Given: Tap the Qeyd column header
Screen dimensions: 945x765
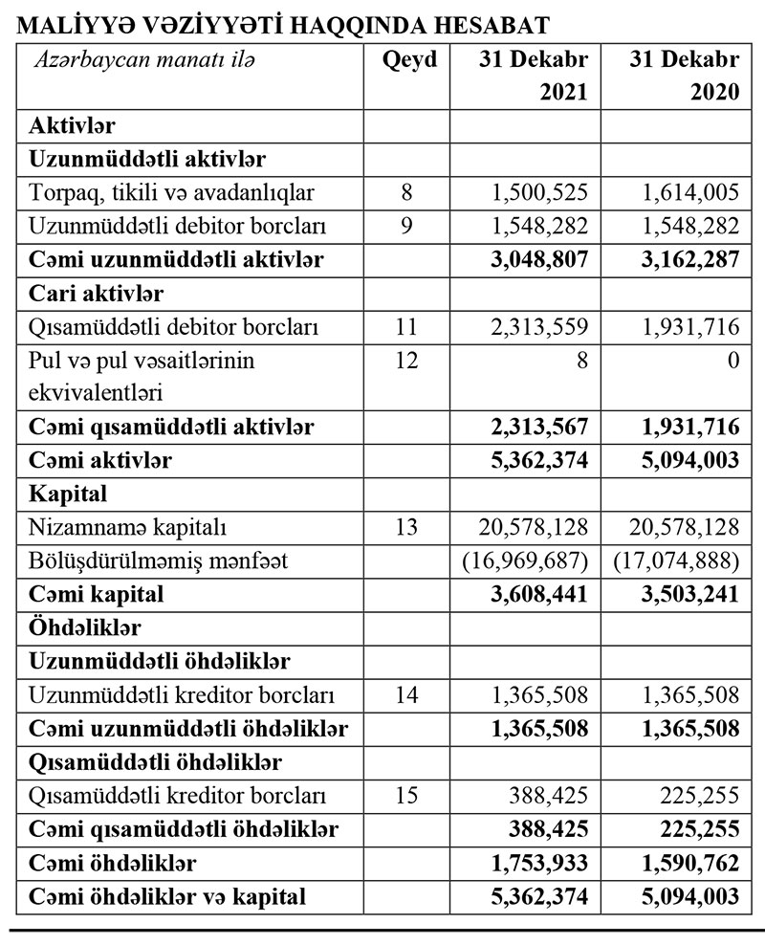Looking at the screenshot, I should [x=408, y=60].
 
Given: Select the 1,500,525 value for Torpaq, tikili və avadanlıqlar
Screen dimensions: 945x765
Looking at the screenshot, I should [x=535, y=193].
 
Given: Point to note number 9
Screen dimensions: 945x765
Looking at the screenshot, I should [x=407, y=227].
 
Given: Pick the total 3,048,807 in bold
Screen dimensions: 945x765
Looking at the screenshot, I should [x=534, y=259].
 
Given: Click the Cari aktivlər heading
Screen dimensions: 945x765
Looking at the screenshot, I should [x=97, y=293].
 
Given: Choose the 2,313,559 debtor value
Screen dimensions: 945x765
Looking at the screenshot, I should [x=535, y=327].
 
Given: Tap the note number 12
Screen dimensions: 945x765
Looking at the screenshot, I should [x=407, y=361].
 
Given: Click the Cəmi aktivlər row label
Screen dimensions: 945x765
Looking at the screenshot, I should [x=101, y=460].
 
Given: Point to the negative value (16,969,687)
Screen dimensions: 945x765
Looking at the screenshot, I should [x=525, y=560].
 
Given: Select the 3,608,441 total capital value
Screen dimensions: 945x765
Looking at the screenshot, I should [x=534, y=594].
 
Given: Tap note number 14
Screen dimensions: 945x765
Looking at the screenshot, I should [x=407, y=694].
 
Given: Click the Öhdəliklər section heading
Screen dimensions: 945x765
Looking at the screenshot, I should [x=86, y=627].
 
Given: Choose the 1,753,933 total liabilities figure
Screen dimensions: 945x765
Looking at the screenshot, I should [x=534, y=863].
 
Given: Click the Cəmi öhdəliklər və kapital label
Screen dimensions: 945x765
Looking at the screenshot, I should [x=168, y=896].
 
